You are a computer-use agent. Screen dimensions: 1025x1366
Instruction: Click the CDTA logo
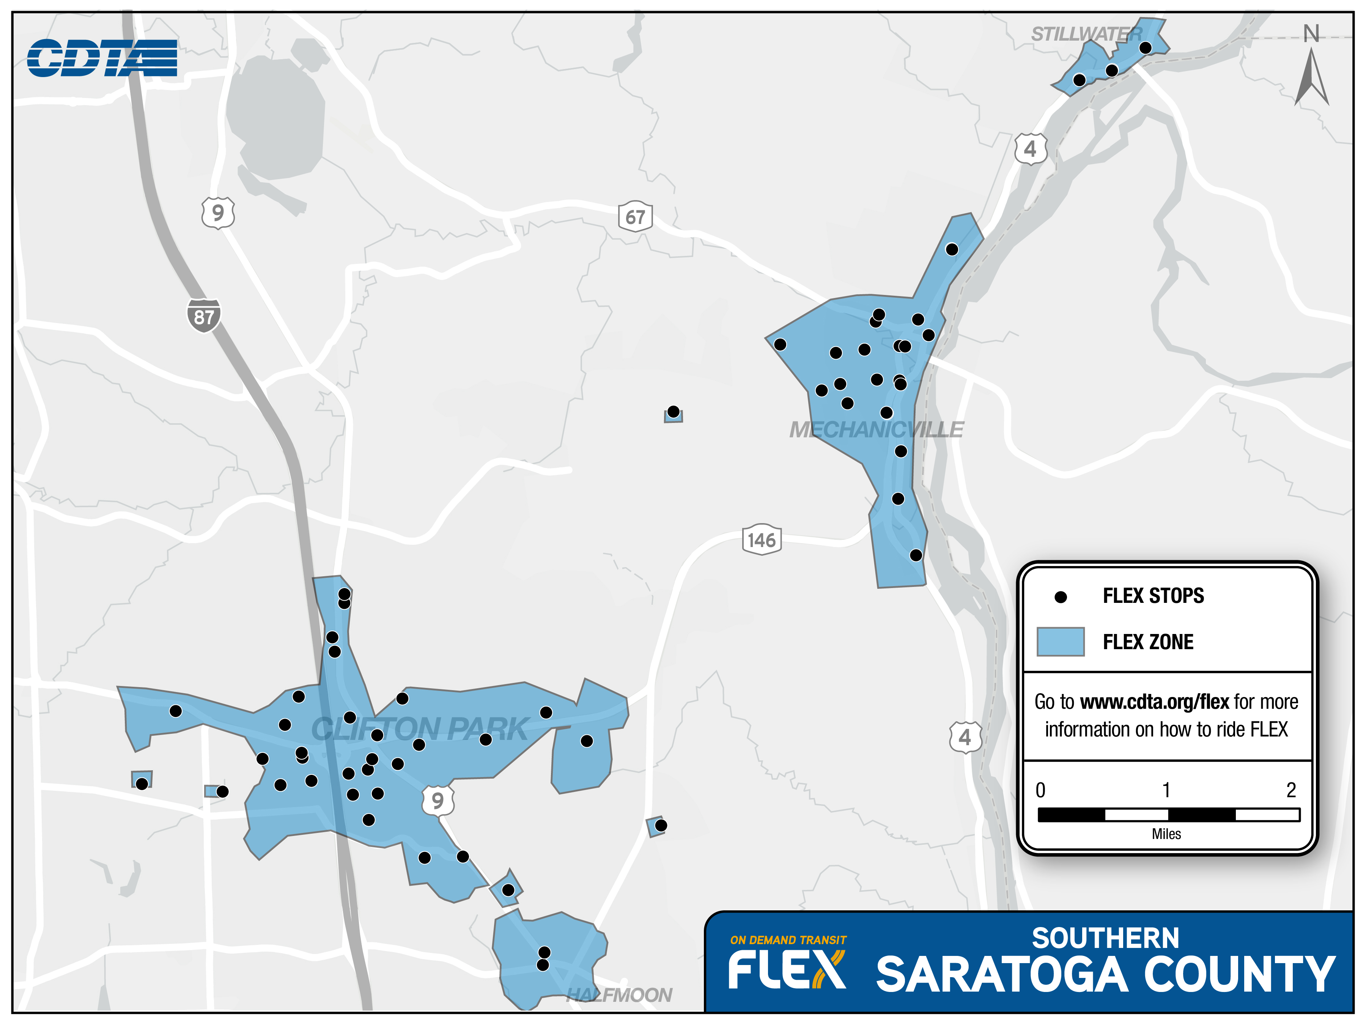tap(102, 58)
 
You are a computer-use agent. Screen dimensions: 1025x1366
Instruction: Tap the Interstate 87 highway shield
tap(204, 316)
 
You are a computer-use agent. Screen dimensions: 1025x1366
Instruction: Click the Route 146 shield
tap(762, 540)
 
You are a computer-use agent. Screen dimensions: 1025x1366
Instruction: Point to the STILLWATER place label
tap(1086, 35)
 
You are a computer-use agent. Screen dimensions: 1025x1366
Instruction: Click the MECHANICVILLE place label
tap(876, 429)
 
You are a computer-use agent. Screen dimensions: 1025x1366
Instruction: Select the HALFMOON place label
tap(619, 995)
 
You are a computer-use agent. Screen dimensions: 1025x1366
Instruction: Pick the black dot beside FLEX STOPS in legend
tap(1060, 597)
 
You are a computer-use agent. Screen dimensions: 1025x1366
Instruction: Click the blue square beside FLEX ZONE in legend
tap(1060, 641)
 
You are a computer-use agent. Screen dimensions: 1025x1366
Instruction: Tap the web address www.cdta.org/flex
tap(1155, 702)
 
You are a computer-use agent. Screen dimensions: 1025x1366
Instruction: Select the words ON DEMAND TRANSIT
tap(788, 940)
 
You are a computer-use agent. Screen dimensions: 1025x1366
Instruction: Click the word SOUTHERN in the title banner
tap(1105, 938)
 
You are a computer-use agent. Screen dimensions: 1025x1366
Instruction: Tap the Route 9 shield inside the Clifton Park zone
tap(438, 801)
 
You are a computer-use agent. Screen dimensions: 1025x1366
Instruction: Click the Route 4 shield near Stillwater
tap(1030, 149)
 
